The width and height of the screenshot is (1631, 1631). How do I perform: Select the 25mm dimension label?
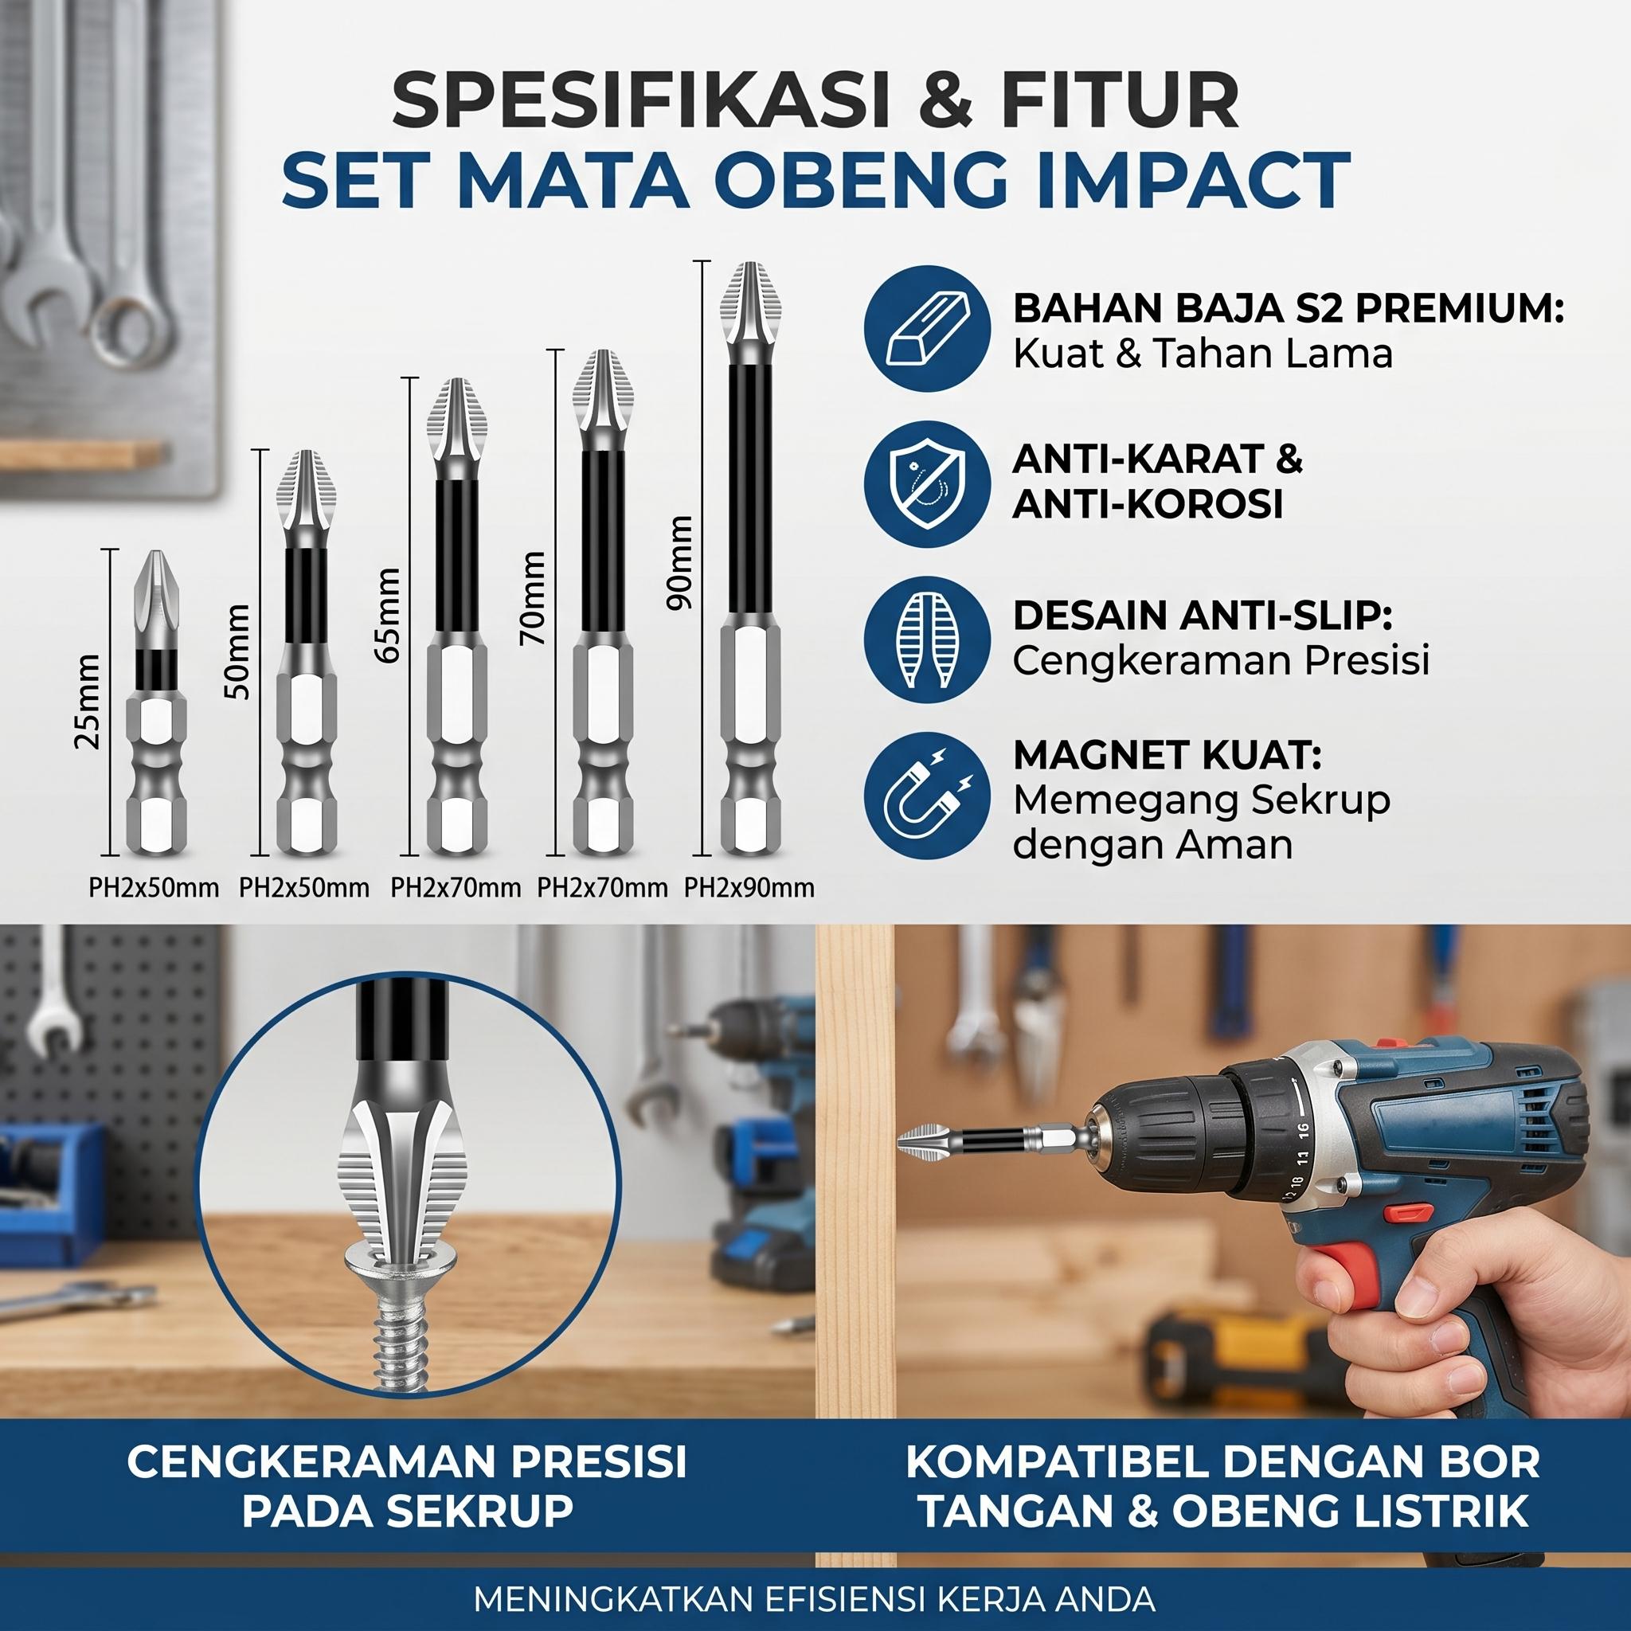pos(88,701)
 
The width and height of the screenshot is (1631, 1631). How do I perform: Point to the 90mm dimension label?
pos(678,561)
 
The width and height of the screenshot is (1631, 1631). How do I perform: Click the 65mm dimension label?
pos(389,616)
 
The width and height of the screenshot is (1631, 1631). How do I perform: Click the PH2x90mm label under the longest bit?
pos(749,887)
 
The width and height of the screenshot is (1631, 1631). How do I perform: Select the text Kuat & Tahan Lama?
pos(1202,354)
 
